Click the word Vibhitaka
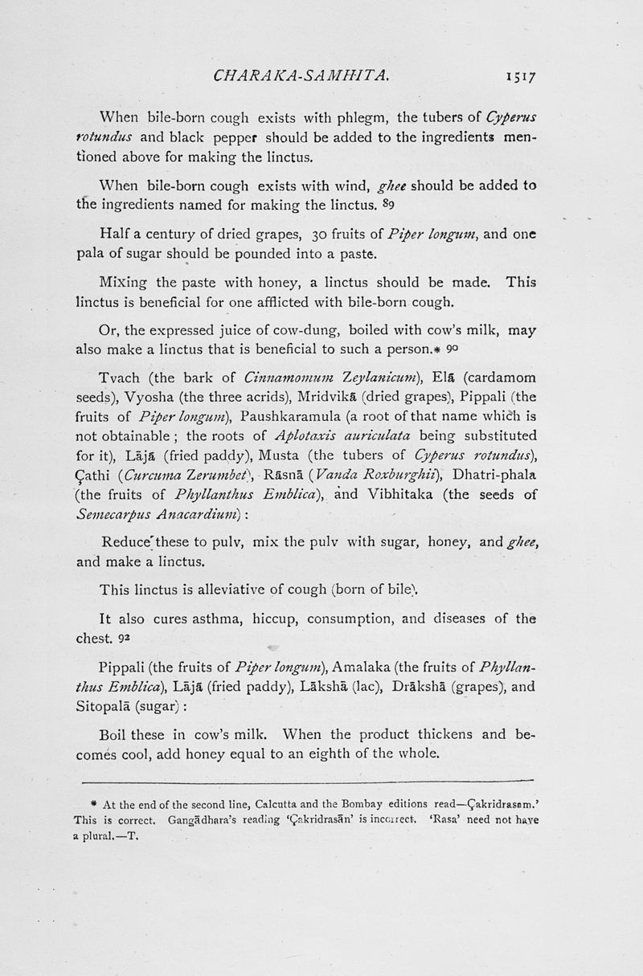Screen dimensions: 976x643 428,495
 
